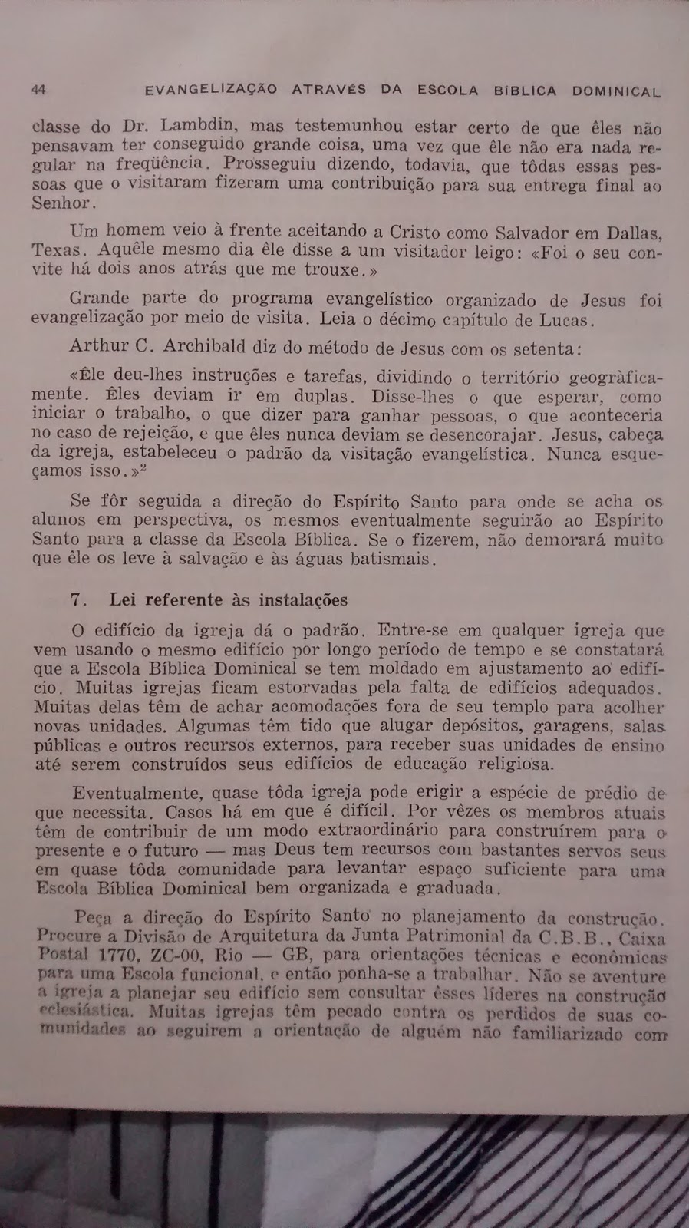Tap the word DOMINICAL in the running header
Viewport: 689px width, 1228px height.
tap(616, 91)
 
